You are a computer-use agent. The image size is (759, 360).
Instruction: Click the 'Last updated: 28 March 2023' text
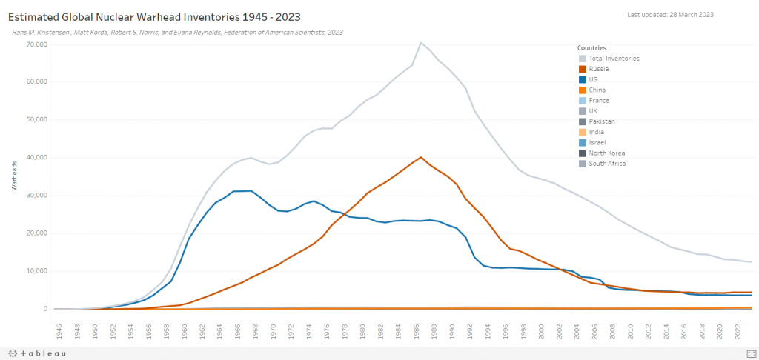(670, 15)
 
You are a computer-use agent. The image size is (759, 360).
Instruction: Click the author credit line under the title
(177, 33)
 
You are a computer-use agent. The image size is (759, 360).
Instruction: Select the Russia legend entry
(598, 69)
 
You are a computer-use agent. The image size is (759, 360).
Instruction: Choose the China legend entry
(597, 90)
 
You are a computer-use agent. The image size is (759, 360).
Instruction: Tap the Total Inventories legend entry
(614, 59)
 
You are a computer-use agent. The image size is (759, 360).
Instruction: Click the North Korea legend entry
(605, 153)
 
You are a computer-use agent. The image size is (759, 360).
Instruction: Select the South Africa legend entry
(606, 163)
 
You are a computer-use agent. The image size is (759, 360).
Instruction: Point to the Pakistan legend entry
(601, 121)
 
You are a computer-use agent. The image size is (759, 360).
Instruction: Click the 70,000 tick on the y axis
(36, 44)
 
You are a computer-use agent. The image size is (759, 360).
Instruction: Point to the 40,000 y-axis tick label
(36, 158)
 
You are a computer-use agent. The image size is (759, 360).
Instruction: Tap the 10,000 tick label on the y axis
(36, 271)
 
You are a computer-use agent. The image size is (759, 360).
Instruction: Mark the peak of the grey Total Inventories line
(421, 42)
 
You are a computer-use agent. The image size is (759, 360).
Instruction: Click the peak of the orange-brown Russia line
(421, 157)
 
